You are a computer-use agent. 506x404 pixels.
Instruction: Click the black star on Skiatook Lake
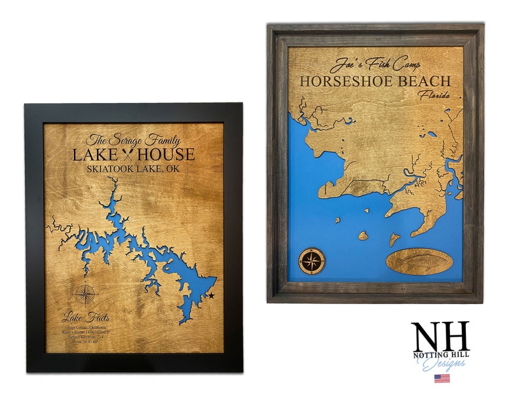(211, 296)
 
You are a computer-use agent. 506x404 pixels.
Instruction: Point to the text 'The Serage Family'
(133, 140)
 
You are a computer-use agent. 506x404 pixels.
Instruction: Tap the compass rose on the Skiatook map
(85, 295)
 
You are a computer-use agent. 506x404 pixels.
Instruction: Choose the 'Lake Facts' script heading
(86, 316)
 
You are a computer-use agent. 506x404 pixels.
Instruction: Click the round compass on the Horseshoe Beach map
(311, 260)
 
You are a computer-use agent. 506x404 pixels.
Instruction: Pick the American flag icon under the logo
(442, 378)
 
